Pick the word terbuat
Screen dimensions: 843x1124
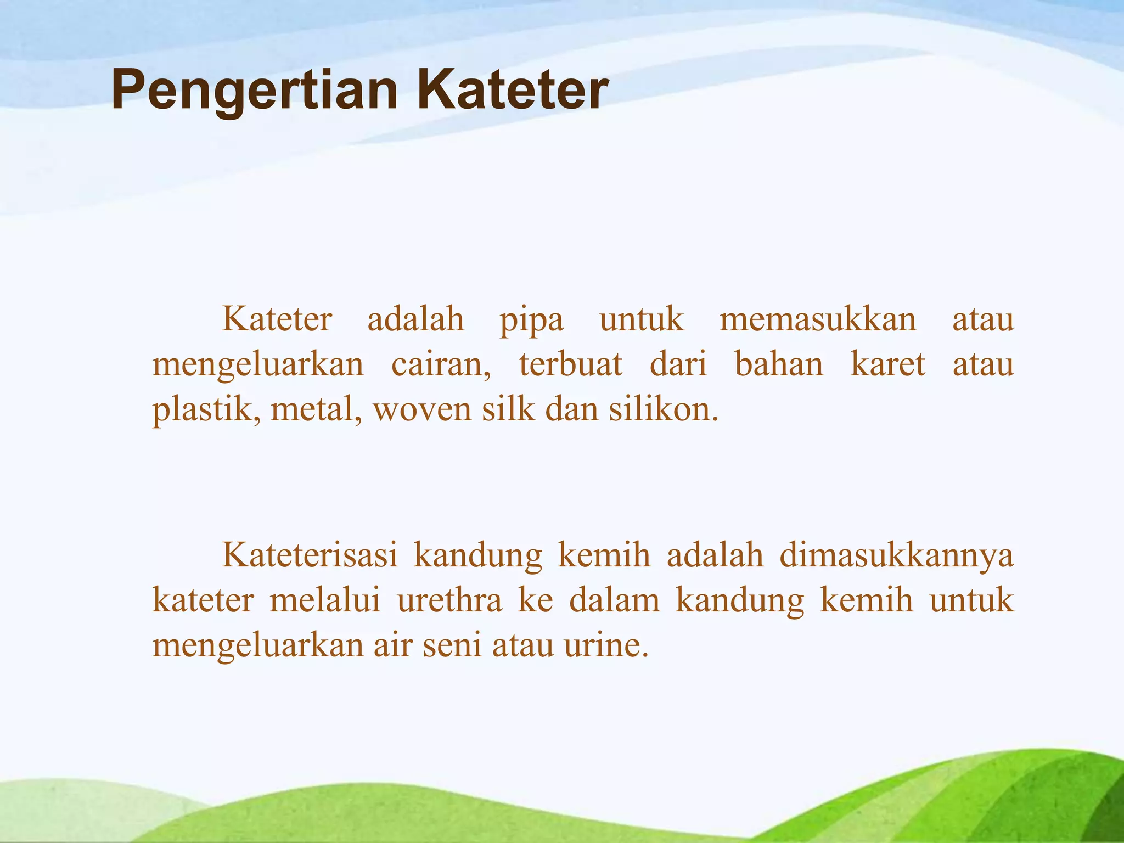(x=571, y=364)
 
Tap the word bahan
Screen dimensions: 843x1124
(x=779, y=364)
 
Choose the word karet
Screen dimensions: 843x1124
(x=888, y=364)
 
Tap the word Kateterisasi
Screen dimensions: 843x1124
(x=310, y=555)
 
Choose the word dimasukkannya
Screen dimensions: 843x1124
(x=896, y=556)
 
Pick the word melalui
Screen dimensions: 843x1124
(x=325, y=600)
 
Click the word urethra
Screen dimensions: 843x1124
(x=449, y=600)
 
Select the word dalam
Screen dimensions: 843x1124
(x=614, y=600)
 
